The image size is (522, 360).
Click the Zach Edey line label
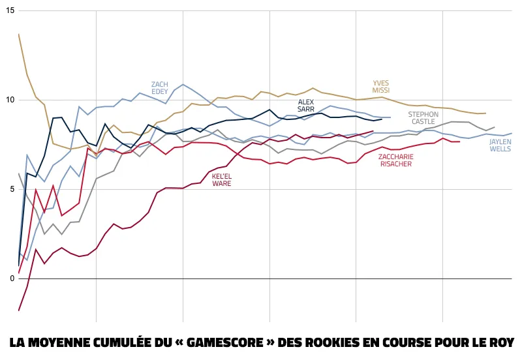coord(160,88)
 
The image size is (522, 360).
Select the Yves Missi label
coord(381,87)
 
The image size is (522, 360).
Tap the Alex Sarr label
coord(306,106)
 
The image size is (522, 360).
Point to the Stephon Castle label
coord(423,118)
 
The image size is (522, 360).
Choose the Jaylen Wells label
coord(500,145)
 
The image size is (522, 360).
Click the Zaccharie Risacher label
coord(395,160)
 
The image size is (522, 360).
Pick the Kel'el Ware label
coord(221,180)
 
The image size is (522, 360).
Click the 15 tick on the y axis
coord(9,11)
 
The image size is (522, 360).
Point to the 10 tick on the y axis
coord(9,100)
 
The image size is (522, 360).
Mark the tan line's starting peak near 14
coord(19,34)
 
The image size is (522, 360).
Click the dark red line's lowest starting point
coord(19,310)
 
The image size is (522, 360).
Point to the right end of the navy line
coord(382,119)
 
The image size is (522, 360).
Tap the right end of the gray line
coord(495,127)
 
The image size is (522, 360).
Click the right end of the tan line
coord(485,113)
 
